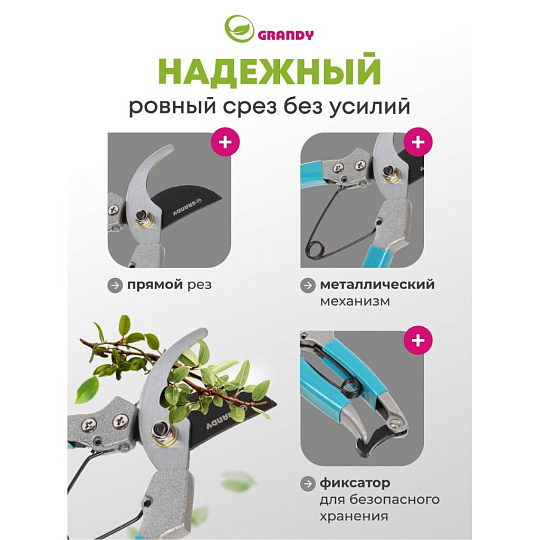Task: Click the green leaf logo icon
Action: click(x=239, y=29)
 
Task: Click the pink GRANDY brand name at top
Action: click(x=285, y=35)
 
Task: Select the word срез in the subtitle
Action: click(x=250, y=106)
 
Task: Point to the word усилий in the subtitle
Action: click(x=370, y=106)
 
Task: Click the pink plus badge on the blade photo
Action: click(x=225, y=142)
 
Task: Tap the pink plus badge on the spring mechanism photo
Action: click(x=418, y=142)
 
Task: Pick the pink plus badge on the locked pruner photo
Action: click(x=418, y=340)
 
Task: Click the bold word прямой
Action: click(x=155, y=285)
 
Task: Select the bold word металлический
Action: click(x=377, y=285)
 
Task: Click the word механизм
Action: click(x=355, y=301)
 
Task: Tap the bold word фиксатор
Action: click(x=355, y=483)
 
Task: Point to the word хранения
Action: click(x=354, y=517)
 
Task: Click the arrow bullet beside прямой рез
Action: click(x=115, y=285)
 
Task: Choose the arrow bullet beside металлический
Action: click(x=308, y=285)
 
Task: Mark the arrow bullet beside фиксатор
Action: click(x=308, y=484)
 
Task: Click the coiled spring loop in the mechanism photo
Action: click(x=315, y=249)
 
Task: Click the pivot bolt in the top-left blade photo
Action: click(x=141, y=216)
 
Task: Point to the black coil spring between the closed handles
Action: click(x=350, y=387)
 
